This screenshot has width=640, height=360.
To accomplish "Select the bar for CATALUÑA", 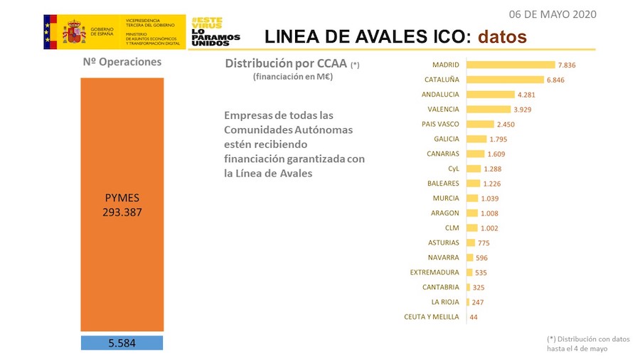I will [x=505, y=80].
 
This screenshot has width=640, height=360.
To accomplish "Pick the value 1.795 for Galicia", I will [x=499, y=139].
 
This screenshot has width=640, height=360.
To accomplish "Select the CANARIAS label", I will [x=443, y=154].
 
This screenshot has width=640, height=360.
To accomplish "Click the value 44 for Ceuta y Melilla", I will [x=474, y=317].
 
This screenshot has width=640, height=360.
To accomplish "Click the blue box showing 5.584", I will [x=122, y=343].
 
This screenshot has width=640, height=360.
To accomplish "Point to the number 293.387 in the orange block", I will [x=122, y=211].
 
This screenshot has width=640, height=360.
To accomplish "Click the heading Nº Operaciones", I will [x=122, y=62].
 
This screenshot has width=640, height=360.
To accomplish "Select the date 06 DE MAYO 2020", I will [x=553, y=14].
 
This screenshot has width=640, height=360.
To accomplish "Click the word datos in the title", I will [x=502, y=36].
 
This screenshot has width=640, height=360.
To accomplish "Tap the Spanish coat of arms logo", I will [x=74, y=32].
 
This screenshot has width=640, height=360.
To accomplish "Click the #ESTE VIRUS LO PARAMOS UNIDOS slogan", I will [x=215, y=32].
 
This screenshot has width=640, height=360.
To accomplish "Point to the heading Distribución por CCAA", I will [x=286, y=63].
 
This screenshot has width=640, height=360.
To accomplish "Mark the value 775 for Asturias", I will [x=484, y=243].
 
